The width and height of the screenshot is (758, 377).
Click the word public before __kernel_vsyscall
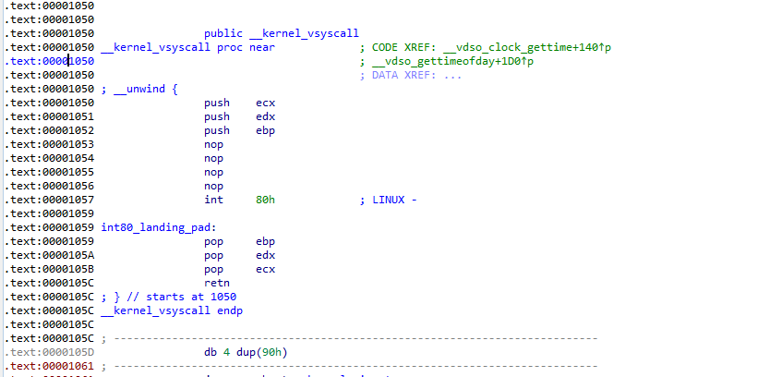(223, 33)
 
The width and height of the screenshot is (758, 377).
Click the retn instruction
(217, 283)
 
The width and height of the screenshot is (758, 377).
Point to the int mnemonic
(213, 200)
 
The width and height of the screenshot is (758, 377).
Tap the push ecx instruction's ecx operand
(266, 103)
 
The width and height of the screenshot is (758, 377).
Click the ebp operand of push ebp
(266, 130)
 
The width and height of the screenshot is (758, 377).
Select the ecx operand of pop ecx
(266, 269)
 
